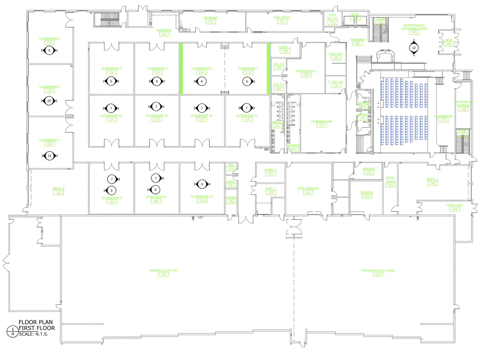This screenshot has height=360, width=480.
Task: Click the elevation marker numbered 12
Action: pos(414,48)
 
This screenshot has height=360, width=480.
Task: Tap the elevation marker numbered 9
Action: pos(49,51)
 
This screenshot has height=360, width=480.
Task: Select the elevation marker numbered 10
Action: pos(49,101)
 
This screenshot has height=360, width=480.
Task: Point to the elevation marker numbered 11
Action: pos(49,156)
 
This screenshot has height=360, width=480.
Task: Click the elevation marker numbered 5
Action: pos(111,81)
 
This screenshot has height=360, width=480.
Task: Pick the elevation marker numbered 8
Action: pos(111,191)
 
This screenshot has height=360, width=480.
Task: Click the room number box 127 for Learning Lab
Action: pos(322,125)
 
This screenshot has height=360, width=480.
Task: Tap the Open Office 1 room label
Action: pos(306,71)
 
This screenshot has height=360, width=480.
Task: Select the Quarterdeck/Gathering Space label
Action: pos(414,27)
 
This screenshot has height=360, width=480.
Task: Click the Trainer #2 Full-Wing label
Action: pos(378,270)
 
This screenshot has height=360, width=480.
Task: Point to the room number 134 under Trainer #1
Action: pos(163,275)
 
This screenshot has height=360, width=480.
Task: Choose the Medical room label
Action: pos(369,169)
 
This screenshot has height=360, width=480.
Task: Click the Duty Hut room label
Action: pos(336,54)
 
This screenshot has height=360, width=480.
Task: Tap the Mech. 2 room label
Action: pos(59,188)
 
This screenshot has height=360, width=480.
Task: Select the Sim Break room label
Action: pos(211,18)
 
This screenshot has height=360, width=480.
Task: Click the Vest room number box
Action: pos(449,44)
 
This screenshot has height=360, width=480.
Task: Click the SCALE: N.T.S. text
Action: pos(34,334)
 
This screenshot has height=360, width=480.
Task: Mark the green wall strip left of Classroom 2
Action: pos(181,68)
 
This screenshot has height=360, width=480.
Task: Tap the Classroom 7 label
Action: pos(49,140)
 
